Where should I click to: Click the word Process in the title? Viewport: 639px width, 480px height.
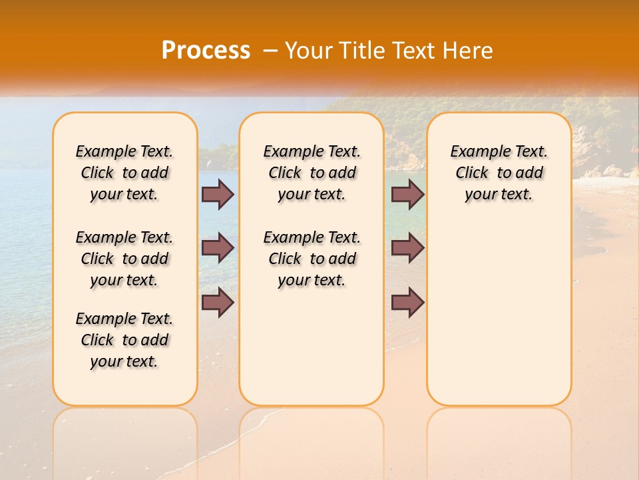click(206, 51)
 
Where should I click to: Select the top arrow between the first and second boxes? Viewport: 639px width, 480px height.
click(218, 194)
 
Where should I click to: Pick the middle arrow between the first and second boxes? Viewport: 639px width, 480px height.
click(218, 248)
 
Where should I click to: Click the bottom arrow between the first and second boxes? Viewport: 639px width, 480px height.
click(218, 302)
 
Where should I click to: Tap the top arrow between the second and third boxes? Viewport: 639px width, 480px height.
click(407, 194)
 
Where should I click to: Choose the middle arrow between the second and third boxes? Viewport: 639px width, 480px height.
click(407, 248)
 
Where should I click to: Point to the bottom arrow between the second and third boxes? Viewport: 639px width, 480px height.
click(407, 302)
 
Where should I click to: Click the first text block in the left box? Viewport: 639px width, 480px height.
click(124, 173)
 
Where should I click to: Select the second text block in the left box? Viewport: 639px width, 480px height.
click(124, 259)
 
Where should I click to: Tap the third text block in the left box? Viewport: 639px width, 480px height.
click(124, 340)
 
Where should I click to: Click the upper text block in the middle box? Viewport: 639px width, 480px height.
click(312, 173)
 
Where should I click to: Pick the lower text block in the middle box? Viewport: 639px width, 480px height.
click(312, 259)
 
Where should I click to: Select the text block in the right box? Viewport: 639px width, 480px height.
click(499, 173)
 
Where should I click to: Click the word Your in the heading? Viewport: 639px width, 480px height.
click(308, 51)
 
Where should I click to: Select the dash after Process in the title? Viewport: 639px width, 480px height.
click(270, 51)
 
